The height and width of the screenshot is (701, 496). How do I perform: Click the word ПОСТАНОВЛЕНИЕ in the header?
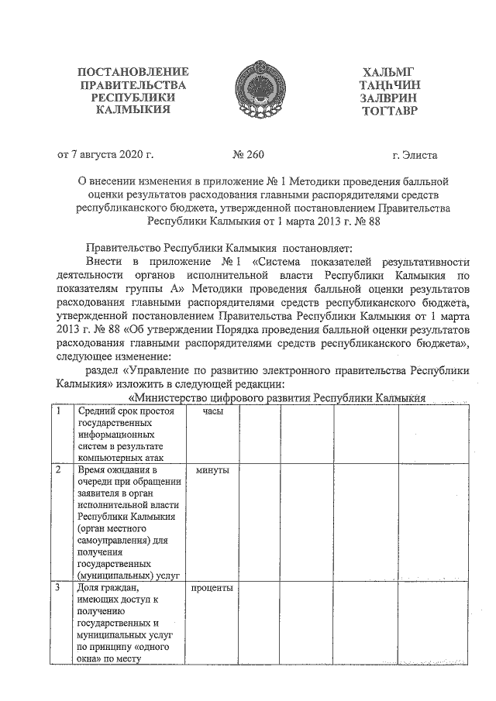[133, 72]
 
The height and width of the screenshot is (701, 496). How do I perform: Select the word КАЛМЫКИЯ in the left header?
[133, 112]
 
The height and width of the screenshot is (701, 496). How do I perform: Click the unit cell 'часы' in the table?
[212, 412]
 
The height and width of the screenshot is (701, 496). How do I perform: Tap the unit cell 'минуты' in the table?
[212, 470]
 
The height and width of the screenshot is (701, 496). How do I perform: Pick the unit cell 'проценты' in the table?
[212, 589]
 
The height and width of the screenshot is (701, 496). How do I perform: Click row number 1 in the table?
[60, 412]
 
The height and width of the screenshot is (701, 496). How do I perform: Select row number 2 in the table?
[60, 470]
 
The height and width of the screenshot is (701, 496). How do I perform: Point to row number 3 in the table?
[60, 589]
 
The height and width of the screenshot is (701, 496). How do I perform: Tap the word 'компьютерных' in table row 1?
[110, 457]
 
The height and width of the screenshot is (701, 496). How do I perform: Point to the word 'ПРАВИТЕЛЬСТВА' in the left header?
[133, 85]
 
